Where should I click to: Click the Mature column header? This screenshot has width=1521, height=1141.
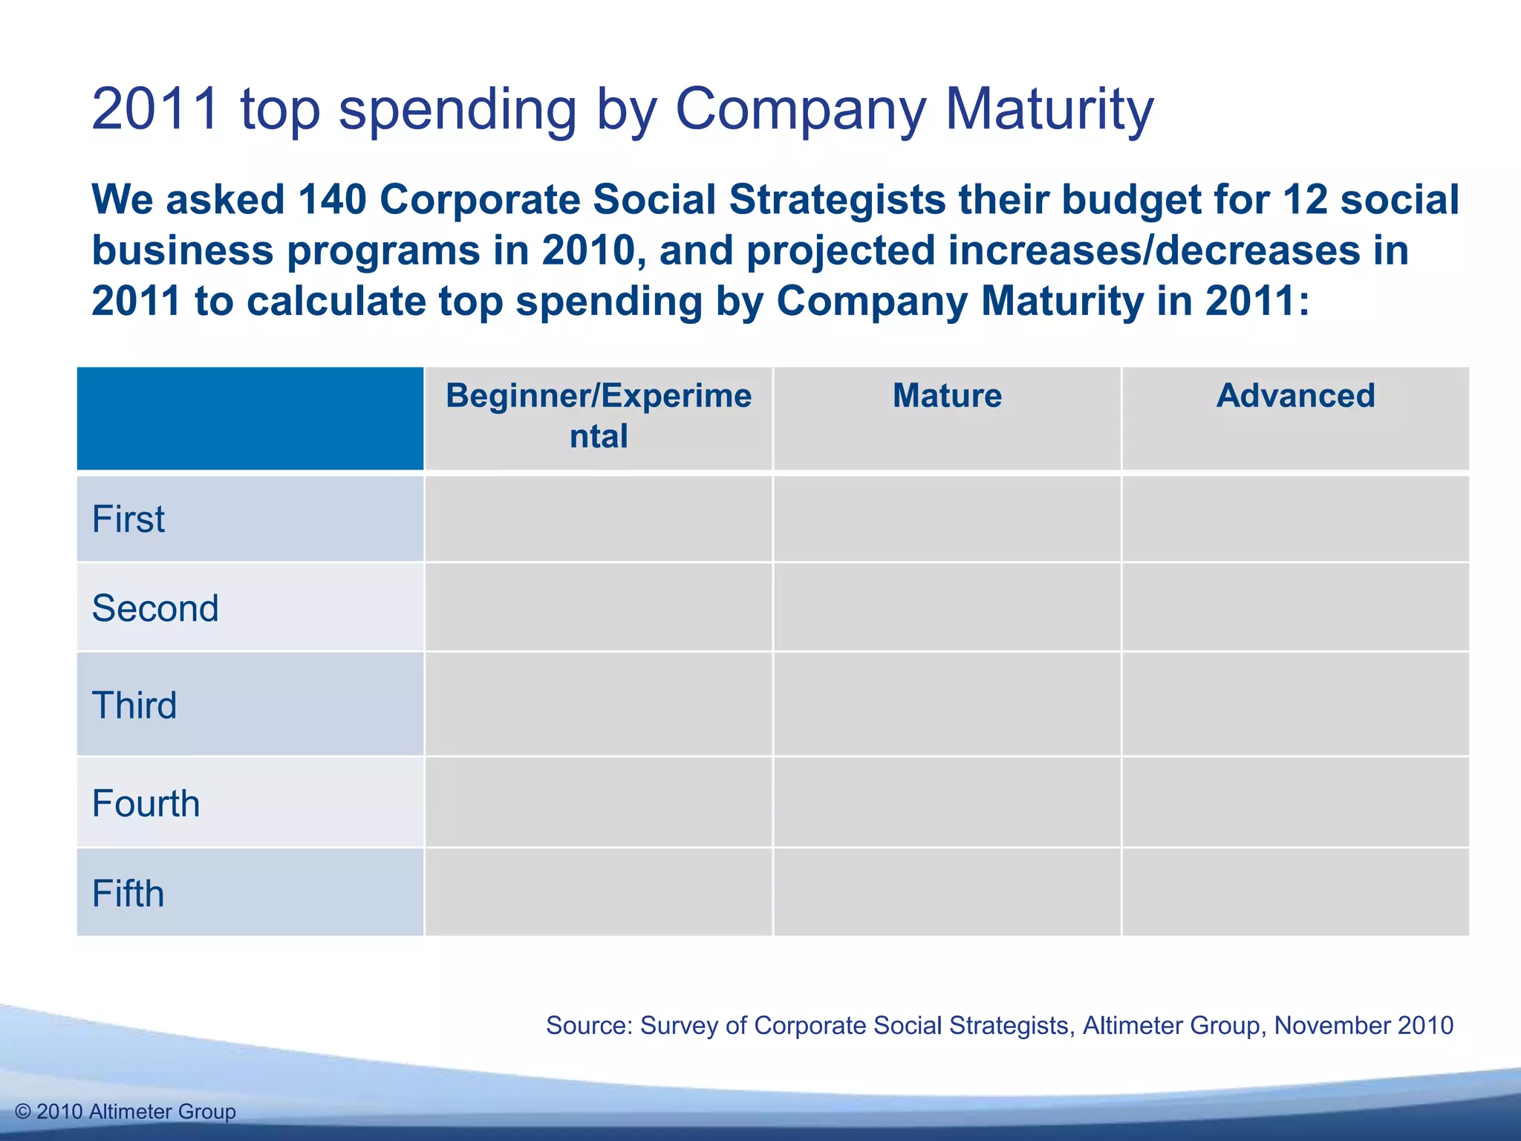tap(947, 396)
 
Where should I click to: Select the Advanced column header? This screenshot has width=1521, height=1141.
tap(1295, 396)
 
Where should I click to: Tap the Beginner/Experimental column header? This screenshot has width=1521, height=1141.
tap(599, 416)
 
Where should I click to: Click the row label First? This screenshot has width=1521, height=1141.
tap(128, 519)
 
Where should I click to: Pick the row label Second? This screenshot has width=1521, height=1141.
tap(155, 608)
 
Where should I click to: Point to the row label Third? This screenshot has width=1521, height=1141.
tap(134, 705)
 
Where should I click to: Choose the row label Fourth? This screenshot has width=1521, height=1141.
tap(146, 804)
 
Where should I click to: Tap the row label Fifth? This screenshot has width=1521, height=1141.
tap(128, 894)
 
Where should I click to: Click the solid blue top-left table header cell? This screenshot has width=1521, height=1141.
tap(250, 418)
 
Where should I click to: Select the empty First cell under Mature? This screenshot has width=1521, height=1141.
tap(947, 519)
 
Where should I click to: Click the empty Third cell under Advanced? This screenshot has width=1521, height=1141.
tap(1295, 704)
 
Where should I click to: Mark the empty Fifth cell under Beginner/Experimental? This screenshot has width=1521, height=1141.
tap(599, 892)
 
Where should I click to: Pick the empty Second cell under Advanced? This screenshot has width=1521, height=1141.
tap(1295, 608)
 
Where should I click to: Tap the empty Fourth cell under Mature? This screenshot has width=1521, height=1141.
tap(947, 802)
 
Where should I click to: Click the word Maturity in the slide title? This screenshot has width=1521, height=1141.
tap(1049, 109)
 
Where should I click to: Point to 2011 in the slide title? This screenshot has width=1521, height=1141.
tap(156, 109)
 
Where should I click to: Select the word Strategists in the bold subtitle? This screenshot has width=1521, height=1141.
tap(837, 200)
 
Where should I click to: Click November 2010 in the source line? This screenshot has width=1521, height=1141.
tap(1364, 1025)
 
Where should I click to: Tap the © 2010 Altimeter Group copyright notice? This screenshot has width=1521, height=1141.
tap(126, 1111)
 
